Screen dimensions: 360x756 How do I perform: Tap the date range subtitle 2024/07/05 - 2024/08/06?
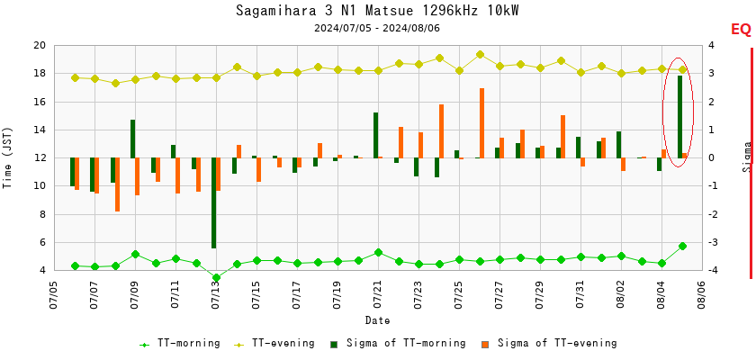click(x=377, y=28)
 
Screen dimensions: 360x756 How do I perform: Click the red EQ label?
click(x=741, y=30)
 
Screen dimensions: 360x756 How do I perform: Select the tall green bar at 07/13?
click(x=214, y=202)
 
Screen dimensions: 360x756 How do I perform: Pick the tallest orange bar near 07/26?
click(x=482, y=122)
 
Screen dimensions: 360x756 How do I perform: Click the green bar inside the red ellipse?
click(x=679, y=116)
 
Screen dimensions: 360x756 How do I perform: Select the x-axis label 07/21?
click(x=378, y=294)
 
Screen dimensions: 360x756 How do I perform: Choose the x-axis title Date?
click(x=377, y=321)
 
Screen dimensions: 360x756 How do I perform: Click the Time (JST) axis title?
click(x=8, y=157)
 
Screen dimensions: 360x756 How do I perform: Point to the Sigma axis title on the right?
click(x=747, y=156)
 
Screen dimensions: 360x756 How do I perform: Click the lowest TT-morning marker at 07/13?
click(x=216, y=278)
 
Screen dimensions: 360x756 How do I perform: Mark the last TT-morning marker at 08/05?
click(x=682, y=246)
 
